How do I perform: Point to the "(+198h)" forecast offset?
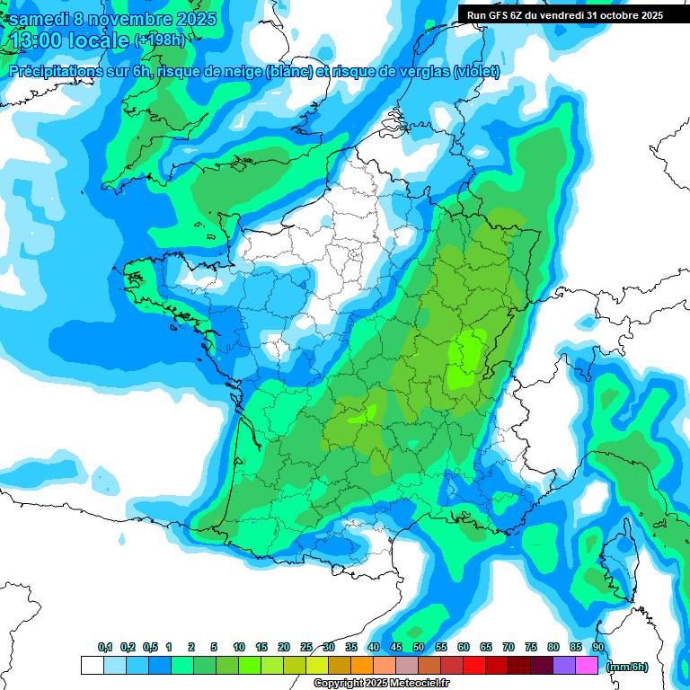[158, 40]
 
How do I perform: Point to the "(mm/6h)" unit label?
[627, 667]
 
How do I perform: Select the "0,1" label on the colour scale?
[105, 648]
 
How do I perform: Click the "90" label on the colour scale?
[598, 648]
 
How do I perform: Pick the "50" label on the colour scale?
[419, 648]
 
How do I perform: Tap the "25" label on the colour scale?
[306, 648]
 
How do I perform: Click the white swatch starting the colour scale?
[92, 665]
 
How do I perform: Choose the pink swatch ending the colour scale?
[587, 665]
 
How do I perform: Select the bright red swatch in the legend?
[474, 665]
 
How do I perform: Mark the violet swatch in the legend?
[564, 665]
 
